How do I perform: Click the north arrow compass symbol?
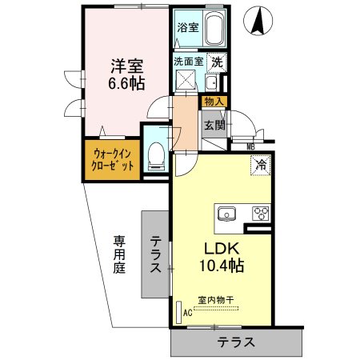258,21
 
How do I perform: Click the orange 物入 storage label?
214,101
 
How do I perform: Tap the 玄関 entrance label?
213,125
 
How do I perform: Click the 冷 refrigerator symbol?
260,165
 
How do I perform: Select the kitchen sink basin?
225,213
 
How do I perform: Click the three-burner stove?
260,213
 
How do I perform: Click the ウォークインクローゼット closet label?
113,159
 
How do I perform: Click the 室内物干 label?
216,298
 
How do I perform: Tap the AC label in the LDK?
188,313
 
